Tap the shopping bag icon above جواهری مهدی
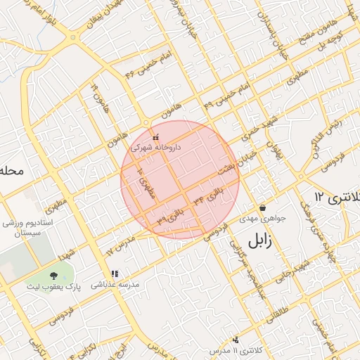pyautogui.click(x=263, y=208)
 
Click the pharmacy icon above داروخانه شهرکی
pyautogui.click(x=156, y=136)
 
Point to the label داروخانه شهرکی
pyautogui.click(x=156, y=148)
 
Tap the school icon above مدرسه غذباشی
pyautogui.click(x=115, y=274)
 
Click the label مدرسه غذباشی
pyautogui.click(x=115, y=284)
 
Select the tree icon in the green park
pyautogui.click(x=54, y=275)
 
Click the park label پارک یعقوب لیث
pyautogui.click(x=55, y=286)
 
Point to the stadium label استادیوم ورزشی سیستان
pyautogui.click(x=22, y=227)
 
